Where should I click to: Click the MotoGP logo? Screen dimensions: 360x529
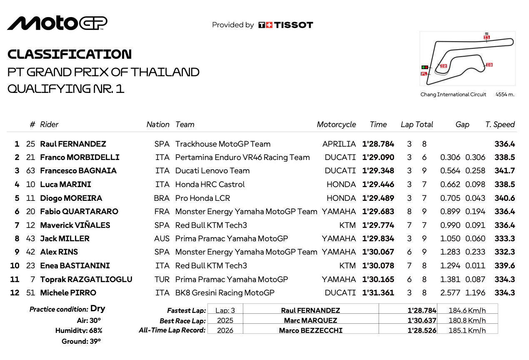(x=57, y=23)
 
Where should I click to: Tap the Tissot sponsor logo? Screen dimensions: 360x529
(x=286, y=25)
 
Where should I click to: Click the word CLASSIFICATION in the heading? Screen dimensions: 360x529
(x=70, y=54)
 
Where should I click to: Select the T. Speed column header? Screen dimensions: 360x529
(x=500, y=125)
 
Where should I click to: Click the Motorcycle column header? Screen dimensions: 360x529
(x=336, y=125)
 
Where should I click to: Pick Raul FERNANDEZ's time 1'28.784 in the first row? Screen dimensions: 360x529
(x=378, y=144)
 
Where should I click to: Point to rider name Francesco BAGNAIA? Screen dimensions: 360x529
(x=78, y=171)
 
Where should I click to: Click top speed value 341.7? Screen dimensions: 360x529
(x=504, y=171)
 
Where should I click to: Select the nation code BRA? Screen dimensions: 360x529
(x=162, y=198)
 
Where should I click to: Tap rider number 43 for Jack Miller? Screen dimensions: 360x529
(x=30, y=239)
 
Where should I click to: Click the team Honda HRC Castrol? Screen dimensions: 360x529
(x=210, y=185)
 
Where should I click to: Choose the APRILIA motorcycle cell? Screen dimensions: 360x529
(x=339, y=144)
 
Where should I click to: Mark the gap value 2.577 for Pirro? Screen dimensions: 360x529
(x=450, y=293)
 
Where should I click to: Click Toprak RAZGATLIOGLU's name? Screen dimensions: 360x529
(x=86, y=279)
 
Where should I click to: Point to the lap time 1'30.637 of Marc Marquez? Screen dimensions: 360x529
(x=422, y=320)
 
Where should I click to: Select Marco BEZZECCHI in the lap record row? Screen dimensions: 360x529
(x=310, y=330)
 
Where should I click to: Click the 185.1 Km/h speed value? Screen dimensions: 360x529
(x=467, y=330)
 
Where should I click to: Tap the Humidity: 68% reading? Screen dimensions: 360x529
(x=79, y=330)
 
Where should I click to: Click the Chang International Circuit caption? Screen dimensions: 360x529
(x=453, y=95)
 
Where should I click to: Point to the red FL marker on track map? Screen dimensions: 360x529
(x=424, y=74)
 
